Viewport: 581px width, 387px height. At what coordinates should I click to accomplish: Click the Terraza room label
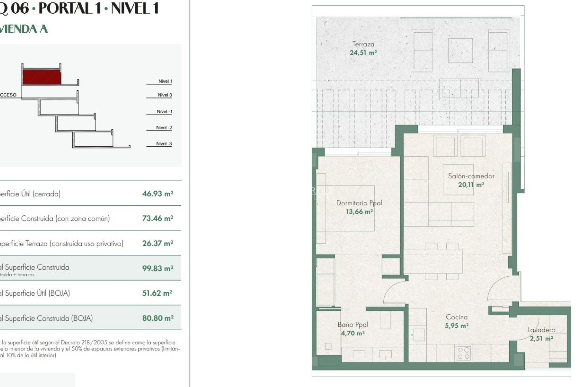point(363,44)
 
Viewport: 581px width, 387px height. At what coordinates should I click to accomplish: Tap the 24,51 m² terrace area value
point(363,53)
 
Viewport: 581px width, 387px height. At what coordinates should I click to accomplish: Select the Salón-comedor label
point(471,176)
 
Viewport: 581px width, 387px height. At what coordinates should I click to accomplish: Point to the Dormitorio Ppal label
point(359,203)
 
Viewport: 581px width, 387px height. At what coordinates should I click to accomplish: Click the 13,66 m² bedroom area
point(359,212)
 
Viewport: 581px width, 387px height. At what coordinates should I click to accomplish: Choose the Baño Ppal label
point(353,325)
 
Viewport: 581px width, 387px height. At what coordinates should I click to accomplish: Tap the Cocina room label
point(457,317)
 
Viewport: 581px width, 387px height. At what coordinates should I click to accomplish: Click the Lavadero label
point(541,330)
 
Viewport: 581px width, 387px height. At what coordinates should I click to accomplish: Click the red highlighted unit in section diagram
point(42,77)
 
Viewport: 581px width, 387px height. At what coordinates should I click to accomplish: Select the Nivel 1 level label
point(165,81)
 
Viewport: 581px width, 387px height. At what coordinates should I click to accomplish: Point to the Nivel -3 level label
point(164,144)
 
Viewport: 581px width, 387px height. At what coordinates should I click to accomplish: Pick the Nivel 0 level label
point(165,95)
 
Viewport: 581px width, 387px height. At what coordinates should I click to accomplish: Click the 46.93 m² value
point(158,194)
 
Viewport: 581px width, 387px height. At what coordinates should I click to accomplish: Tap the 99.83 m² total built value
point(158,268)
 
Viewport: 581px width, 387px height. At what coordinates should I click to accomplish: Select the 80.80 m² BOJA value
point(158,318)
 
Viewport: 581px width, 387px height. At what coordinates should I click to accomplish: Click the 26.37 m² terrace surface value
point(158,243)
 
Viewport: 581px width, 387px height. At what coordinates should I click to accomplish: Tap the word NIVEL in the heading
point(135,8)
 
